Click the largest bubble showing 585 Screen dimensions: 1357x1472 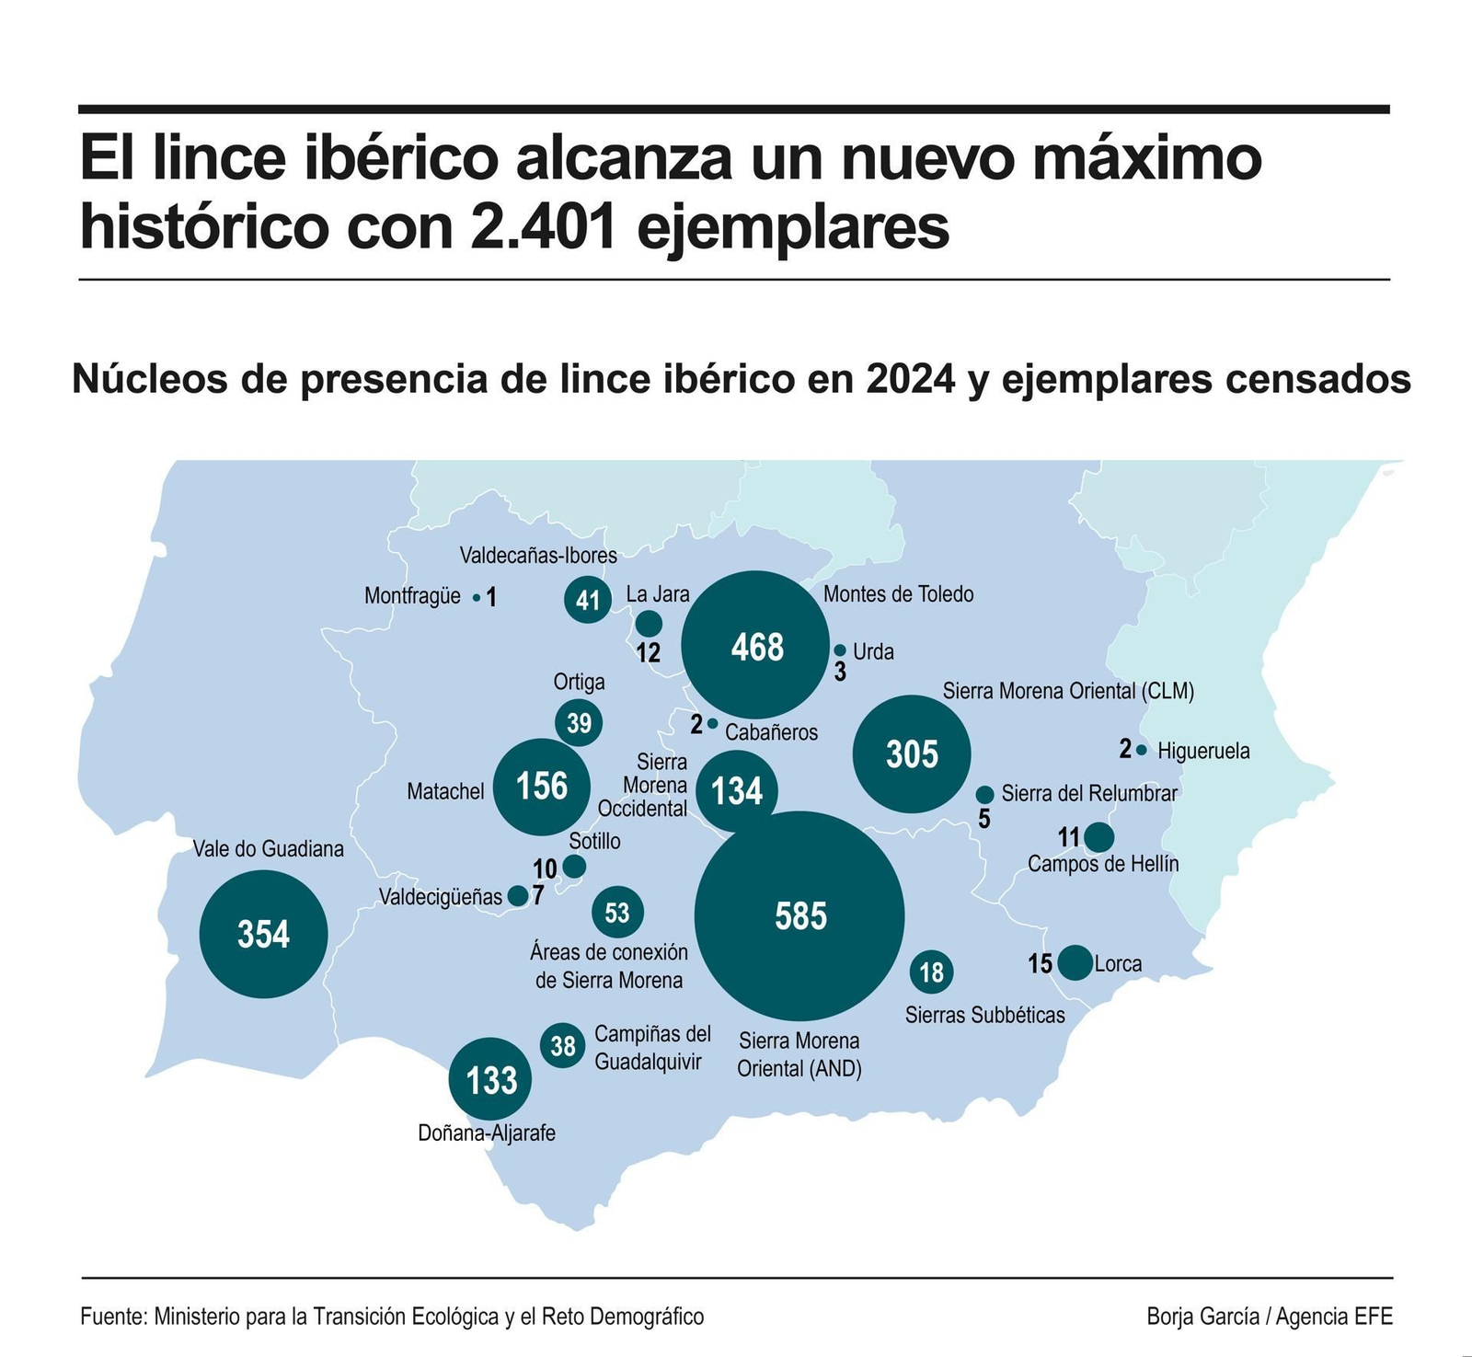pyautogui.click(x=799, y=916)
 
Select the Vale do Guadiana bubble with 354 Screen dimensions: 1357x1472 pyautogui.click(x=264, y=934)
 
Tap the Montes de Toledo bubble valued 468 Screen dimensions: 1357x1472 pyautogui.click(x=756, y=646)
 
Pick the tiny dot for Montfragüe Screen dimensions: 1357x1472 pyautogui.click(x=476, y=597)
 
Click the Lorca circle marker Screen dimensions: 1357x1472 pyautogui.click(x=1075, y=962)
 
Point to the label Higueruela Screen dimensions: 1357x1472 pyautogui.click(x=1203, y=751)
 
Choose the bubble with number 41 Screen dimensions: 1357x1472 pyautogui.click(x=588, y=600)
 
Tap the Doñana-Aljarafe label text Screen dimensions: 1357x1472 pyautogui.click(x=487, y=1133)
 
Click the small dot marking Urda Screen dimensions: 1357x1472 pyautogui.click(x=839, y=650)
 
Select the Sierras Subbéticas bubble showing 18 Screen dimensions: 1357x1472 pyautogui.click(x=931, y=972)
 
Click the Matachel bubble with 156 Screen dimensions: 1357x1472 pyautogui.click(x=541, y=787)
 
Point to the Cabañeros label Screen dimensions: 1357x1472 pyautogui.click(x=771, y=732)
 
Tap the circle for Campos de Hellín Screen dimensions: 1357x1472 pyautogui.click(x=1098, y=837)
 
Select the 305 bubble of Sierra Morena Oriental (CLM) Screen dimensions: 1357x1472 pyautogui.click(x=912, y=753)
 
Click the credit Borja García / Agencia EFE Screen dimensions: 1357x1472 pyautogui.click(x=1270, y=1317)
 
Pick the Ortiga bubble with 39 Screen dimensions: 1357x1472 pyautogui.click(x=579, y=723)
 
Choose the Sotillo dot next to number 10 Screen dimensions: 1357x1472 pyautogui.click(x=574, y=866)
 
